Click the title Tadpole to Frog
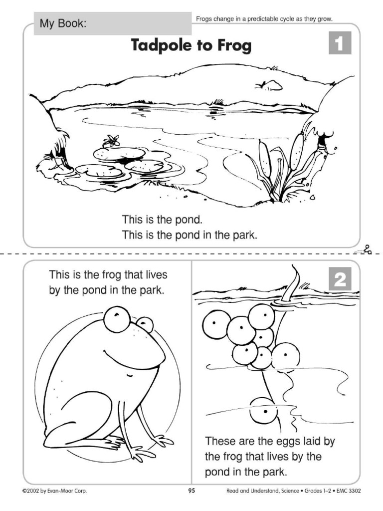tap(191, 46)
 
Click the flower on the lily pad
tap(111, 141)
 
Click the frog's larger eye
tap(117, 319)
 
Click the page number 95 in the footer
tap(191, 491)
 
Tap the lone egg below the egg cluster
tap(263, 410)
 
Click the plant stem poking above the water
tap(291, 283)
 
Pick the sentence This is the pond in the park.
tap(190, 235)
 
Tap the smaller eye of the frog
tap(145, 325)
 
